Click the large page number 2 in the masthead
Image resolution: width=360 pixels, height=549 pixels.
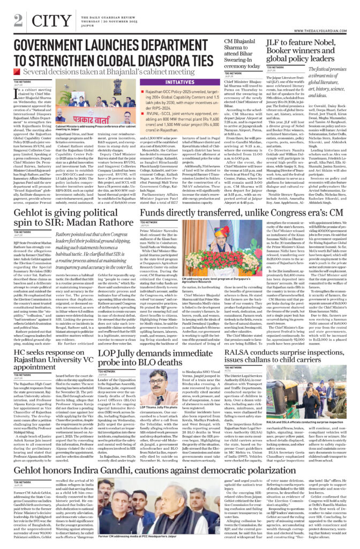coord(19,20)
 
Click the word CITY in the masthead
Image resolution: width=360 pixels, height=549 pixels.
coord(48,20)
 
